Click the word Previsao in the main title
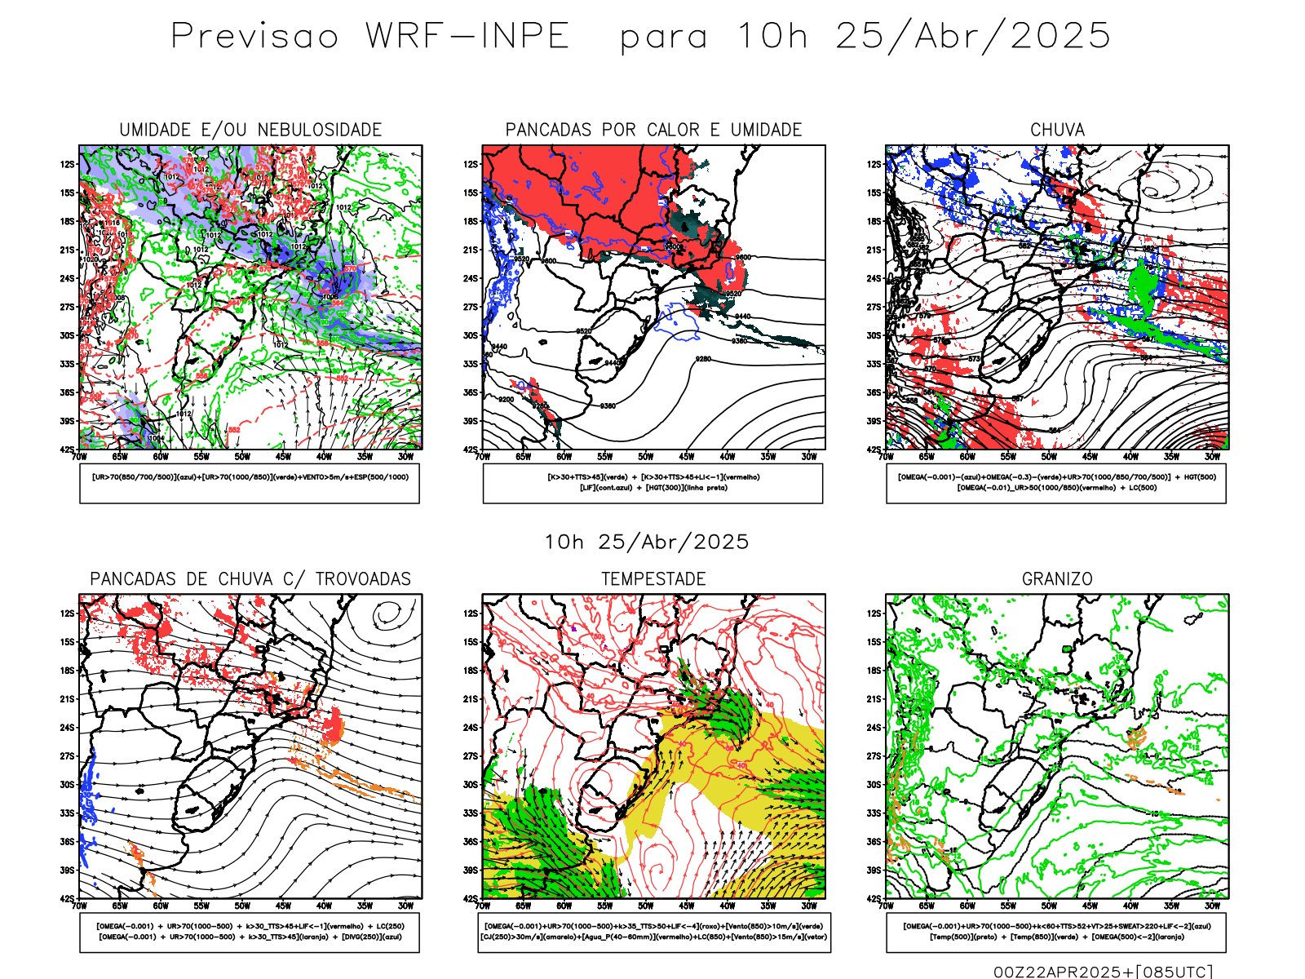click(x=254, y=37)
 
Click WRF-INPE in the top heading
click(x=467, y=37)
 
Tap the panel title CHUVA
click(x=1057, y=130)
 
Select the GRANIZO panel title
click(x=1057, y=579)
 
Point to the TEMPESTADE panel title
click(x=653, y=579)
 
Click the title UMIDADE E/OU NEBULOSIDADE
click(x=250, y=130)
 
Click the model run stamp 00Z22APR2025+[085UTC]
click(x=1103, y=972)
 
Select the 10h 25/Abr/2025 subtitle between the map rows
click(x=646, y=542)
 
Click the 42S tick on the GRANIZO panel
click(x=874, y=898)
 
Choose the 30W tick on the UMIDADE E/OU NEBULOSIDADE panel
click(x=405, y=457)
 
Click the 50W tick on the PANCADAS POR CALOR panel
click(x=646, y=457)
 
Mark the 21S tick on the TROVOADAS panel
click(x=67, y=699)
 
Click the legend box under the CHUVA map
click(x=1056, y=483)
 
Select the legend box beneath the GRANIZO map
click(x=1056, y=932)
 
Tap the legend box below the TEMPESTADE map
click(x=653, y=932)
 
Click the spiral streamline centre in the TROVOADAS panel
click(x=387, y=612)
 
